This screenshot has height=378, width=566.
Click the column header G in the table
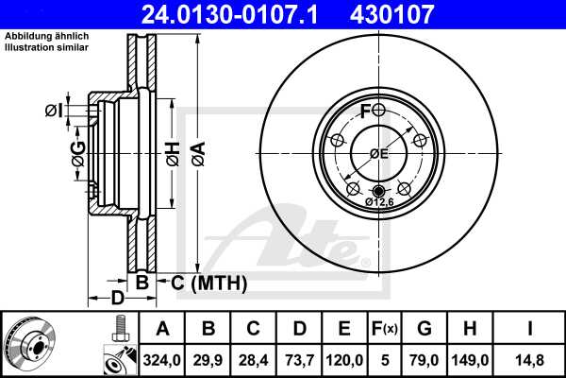424,329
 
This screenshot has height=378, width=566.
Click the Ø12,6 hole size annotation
379,201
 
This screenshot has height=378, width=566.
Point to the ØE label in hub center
378,154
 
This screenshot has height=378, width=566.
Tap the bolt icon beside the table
118,330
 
